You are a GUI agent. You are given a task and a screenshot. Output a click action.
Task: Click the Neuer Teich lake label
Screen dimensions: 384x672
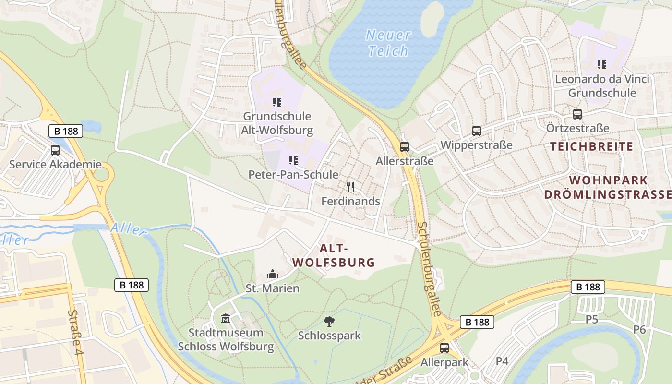388,43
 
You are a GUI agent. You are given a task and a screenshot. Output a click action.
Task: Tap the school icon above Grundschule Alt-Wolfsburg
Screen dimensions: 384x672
277,102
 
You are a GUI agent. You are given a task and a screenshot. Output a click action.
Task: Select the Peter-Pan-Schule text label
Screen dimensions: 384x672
293,175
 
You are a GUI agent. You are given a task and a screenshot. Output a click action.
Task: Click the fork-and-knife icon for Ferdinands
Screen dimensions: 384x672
351,187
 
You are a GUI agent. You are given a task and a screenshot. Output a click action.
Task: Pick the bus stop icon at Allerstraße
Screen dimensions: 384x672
405,147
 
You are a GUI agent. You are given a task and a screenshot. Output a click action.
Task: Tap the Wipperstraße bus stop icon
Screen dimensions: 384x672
476,131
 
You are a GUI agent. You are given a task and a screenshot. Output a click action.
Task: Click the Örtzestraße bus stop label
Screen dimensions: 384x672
577,128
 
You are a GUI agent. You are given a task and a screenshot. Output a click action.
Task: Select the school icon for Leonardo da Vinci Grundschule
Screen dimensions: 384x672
602,64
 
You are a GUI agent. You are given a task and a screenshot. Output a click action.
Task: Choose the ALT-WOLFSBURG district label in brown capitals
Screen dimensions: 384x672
334,255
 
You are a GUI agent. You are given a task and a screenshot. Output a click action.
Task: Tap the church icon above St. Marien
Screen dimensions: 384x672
273,275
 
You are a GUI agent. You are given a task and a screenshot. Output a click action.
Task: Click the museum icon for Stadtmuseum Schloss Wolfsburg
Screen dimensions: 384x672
226,318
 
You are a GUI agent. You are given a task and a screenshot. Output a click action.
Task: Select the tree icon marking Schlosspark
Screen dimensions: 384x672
329,322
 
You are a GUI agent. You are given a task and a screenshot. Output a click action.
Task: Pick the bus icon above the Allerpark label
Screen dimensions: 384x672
444,348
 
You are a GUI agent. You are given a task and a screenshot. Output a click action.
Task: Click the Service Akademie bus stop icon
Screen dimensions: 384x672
55,150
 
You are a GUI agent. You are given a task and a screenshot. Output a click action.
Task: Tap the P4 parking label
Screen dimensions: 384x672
502,361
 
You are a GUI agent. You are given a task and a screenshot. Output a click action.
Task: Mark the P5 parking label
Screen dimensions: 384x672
592,319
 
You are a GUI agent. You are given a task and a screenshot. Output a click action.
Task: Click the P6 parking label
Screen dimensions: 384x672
639,329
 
